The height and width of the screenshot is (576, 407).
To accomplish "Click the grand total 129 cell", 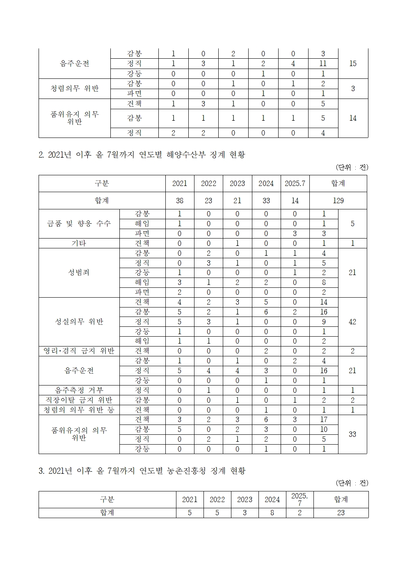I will [x=338, y=201].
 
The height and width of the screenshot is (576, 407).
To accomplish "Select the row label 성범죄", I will [x=79, y=273].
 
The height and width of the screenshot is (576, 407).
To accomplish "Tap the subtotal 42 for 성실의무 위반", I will [x=352, y=322].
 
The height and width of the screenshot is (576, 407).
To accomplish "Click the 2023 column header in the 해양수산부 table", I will [x=237, y=184].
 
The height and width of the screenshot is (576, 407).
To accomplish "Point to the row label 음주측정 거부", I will [x=79, y=390].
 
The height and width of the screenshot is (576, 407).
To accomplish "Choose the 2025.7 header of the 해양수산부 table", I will [x=295, y=184].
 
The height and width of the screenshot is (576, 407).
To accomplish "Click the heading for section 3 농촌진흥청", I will [x=142, y=471].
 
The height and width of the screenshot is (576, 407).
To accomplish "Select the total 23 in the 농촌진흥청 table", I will [x=341, y=513].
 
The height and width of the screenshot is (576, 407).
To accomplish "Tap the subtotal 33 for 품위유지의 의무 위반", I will [x=352, y=434].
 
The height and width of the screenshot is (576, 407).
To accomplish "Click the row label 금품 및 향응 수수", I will [x=79, y=224].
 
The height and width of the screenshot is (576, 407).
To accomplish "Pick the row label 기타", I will [x=79, y=243].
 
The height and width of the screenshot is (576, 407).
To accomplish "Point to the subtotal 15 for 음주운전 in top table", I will [x=352, y=64].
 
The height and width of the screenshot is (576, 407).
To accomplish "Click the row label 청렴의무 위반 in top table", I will [x=74, y=89].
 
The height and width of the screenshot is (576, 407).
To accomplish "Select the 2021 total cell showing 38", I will [x=180, y=201].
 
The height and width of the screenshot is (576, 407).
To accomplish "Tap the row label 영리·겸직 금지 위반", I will [x=79, y=351].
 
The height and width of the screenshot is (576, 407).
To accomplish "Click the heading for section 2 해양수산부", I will [x=142, y=155].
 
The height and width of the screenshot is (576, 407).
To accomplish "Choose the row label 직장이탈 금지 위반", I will [x=79, y=400].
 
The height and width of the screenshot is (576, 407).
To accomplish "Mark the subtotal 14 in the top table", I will [x=352, y=118].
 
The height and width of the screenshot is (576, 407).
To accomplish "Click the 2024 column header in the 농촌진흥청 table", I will [x=272, y=500].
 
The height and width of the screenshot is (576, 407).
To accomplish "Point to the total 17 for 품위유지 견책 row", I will [x=324, y=420].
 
